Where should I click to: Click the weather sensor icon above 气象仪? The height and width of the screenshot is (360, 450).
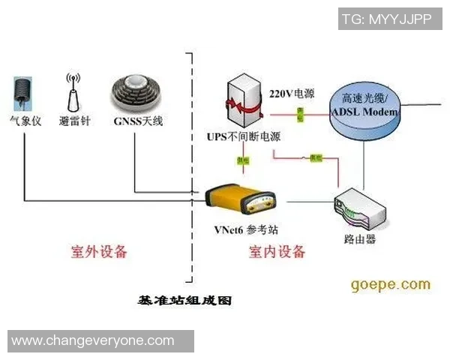coord(22,92)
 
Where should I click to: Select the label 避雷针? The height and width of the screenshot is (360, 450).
coord(73,121)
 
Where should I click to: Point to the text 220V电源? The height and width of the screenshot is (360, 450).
coord(292,94)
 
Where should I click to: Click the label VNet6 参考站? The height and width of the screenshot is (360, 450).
coord(245,229)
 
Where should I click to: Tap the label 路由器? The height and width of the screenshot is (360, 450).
coord(359,240)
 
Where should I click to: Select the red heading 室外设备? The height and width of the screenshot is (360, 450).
coord(98,251)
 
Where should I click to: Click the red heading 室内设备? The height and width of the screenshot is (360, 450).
coord(277,252)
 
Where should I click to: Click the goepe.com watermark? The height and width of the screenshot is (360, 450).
coord(391,284)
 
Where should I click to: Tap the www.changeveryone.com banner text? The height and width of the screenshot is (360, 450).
coord(93,341)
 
